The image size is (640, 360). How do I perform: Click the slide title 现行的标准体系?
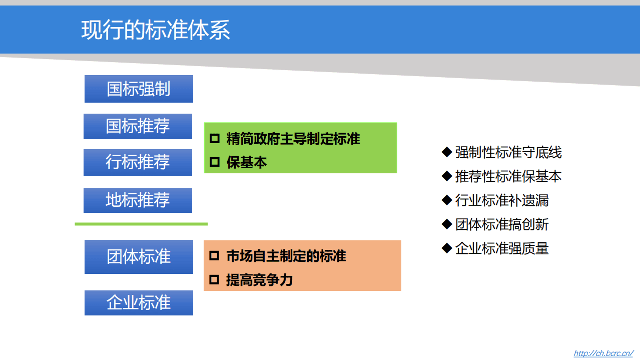pos(156,30)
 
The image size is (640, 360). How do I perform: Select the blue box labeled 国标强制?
pos(139,89)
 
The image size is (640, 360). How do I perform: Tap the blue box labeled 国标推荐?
pos(138,126)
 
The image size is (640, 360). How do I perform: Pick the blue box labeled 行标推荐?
pos(138,162)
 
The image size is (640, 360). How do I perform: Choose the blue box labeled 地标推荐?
pos(138,200)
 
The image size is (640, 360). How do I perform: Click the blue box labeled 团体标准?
pos(139,256)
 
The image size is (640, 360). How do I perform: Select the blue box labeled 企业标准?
pos(139,302)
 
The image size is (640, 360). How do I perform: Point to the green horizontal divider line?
pos(141,224)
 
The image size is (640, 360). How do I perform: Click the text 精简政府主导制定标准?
pos(293,139)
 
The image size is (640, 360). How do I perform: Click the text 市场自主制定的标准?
pos(286,256)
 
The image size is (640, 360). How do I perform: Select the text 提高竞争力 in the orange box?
pos(259,280)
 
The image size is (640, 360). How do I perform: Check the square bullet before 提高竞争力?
pos(214,280)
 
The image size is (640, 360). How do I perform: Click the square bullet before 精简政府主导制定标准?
pos(214,139)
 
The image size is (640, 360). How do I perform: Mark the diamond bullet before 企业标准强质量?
pos(447,248)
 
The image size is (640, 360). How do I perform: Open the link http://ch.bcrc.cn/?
pos(603,353)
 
